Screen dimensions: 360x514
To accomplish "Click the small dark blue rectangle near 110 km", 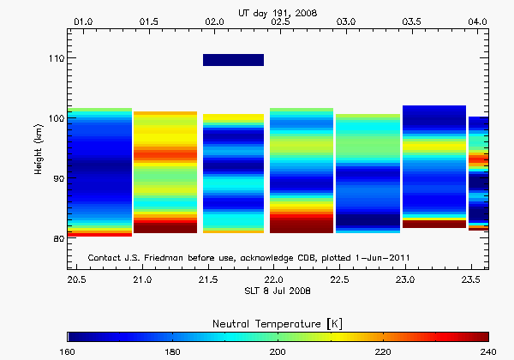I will (233, 59).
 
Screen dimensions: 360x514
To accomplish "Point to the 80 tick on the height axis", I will (57, 238).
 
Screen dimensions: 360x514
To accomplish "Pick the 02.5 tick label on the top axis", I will (280, 20).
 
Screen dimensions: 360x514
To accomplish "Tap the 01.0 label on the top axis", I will (85, 20).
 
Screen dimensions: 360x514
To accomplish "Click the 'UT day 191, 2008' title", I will (280, 9).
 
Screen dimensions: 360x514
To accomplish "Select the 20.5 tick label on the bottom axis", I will (77, 279).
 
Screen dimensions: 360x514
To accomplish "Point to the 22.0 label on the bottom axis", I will (273, 279).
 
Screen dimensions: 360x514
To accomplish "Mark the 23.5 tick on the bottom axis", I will (469, 279).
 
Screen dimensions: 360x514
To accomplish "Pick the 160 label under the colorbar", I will (68, 351).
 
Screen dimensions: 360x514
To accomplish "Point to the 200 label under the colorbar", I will (278, 351).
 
